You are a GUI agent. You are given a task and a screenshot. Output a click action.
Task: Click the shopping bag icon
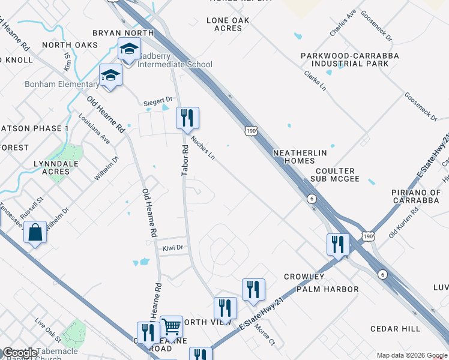coord(35,232)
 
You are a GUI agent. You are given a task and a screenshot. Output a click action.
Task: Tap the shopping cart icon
coord(172,327)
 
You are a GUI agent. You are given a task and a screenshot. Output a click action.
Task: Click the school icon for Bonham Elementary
coord(110,76)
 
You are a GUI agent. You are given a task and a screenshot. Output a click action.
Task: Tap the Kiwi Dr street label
coord(172,247)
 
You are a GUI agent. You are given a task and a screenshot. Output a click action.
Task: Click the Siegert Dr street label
coord(158,103)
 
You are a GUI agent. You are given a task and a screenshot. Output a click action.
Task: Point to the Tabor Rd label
coord(185,162)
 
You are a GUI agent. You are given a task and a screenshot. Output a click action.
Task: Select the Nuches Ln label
coord(203,147)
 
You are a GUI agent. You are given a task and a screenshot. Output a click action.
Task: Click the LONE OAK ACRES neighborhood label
coord(228,24)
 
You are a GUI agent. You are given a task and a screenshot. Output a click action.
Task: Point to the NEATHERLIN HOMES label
coord(300,157)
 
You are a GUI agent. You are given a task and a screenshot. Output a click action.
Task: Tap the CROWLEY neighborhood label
coord(304,277)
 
